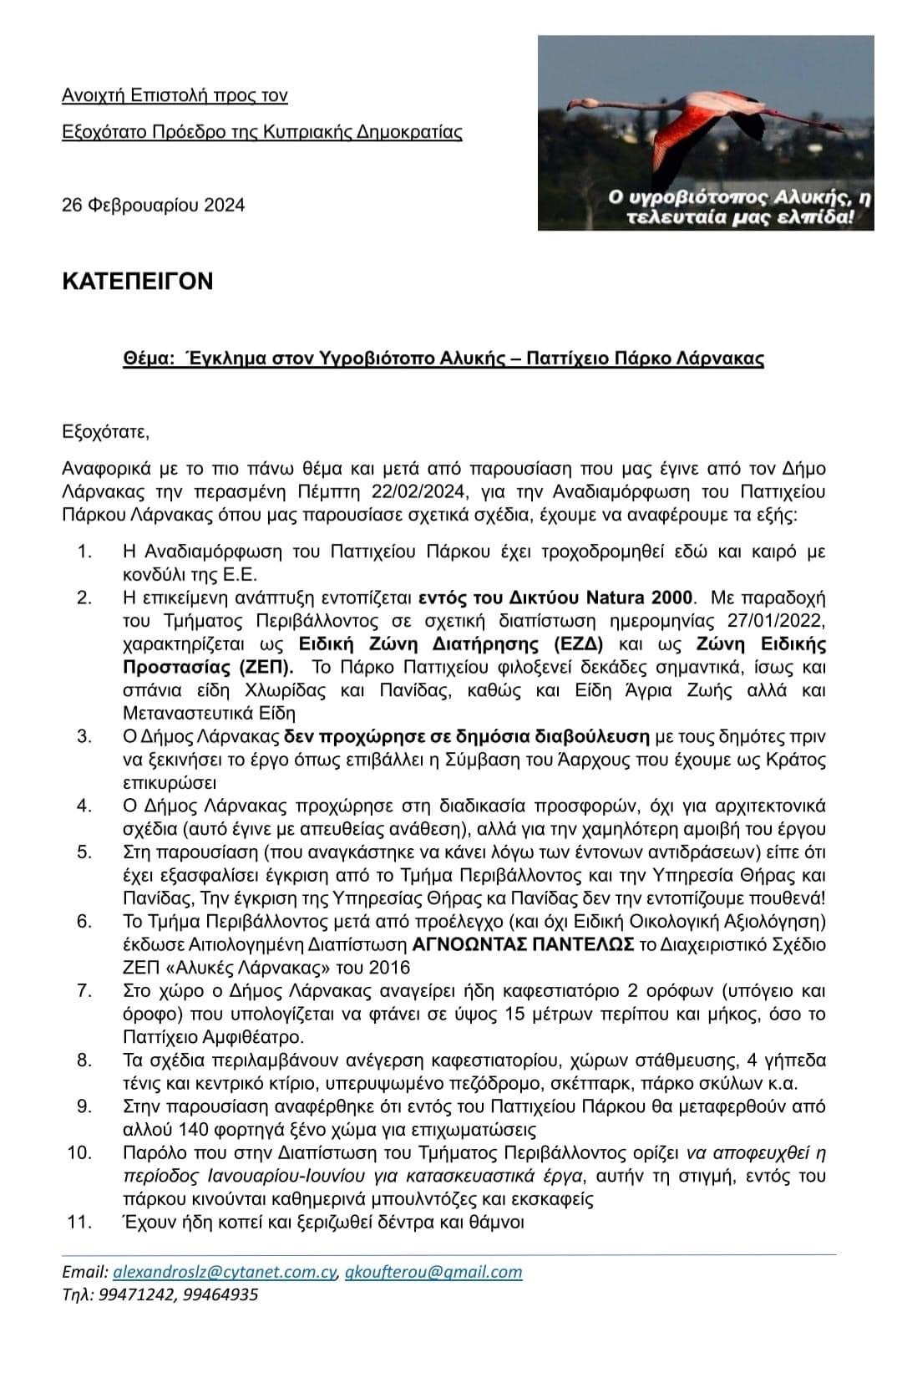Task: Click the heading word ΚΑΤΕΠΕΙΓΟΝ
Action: coord(138,281)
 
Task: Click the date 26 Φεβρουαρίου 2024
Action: coord(154,205)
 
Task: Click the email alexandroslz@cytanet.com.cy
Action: coord(225,1272)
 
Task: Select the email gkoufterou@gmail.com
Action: coord(433,1272)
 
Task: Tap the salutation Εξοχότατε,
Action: coord(105,432)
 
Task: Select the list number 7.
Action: coord(84,990)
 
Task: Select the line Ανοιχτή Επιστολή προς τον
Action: coord(175,95)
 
